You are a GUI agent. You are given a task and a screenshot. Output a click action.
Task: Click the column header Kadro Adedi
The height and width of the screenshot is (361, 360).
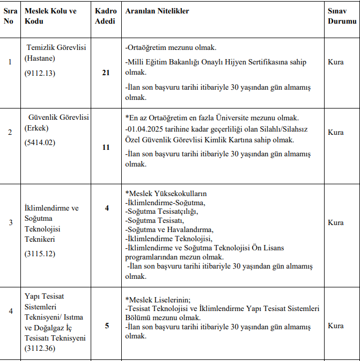(106, 16)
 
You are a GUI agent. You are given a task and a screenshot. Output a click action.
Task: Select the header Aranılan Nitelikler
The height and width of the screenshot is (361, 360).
(157, 11)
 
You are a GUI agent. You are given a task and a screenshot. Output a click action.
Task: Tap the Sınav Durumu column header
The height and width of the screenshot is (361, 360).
(342, 16)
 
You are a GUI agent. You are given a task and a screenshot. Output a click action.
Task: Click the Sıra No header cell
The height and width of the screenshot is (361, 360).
(9, 16)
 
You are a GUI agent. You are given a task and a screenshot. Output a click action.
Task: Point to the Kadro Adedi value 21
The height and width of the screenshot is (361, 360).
(106, 73)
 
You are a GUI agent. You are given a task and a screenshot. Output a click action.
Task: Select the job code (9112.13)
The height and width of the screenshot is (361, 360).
(40, 73)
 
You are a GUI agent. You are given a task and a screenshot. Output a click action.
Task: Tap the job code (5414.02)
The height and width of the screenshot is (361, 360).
(40, 142)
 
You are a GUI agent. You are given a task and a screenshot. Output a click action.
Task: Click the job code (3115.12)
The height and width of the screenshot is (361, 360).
(40, 254)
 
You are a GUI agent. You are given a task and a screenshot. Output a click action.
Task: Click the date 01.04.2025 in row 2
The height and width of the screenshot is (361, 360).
(145, 130)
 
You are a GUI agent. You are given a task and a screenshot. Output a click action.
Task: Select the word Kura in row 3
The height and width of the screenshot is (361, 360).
(336, 222)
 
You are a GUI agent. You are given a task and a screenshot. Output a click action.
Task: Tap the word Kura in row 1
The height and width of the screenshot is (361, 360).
(336, 62)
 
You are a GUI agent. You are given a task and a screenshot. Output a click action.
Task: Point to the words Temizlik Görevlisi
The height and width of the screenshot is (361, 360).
(56, 47)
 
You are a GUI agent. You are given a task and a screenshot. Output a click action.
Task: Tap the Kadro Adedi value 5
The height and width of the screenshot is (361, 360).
(106, 326)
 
